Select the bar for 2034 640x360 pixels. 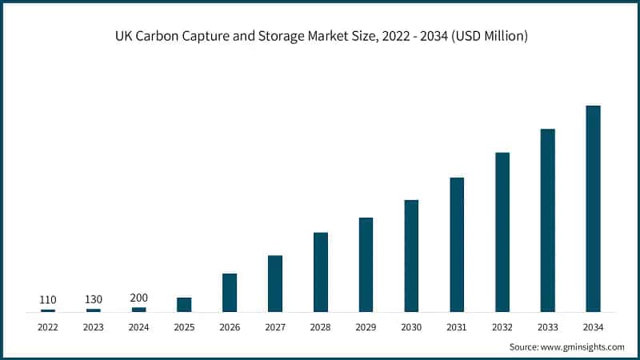tap(593, 208)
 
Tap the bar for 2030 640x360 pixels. tap(411, 255)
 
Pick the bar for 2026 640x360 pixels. tap(230, 292)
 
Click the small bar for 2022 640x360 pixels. tap(48, 310)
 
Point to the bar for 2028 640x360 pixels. tap(321, 271)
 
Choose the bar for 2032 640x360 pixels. tap(502, 231)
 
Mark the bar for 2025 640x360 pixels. tap(184, 304)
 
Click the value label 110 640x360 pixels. tap(48, 300)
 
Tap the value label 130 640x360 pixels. tap(94, 300)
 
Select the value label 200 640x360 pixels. tap(138, 298)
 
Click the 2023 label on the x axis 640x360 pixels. tap(94, 326)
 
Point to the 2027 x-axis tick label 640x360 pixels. tap(275, 326)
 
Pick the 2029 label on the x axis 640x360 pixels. tap(366, 326)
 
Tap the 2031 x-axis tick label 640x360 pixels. tap(457, 326)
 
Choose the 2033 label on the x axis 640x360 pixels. tap(547, 326)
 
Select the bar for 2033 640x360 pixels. tap(547, 220)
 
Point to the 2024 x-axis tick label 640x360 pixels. tap(138, 326)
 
